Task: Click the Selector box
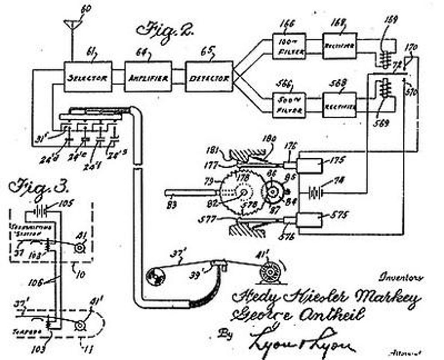87,77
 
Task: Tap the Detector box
209,77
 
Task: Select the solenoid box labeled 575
310,221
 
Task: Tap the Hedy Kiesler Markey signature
326,298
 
